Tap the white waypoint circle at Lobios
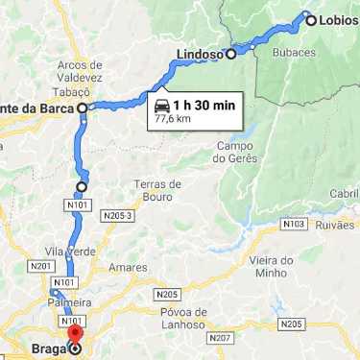pyautogui.click(x=308, y=16)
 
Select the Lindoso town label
pyautogui.click(x=200, y=55)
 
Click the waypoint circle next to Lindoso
pyautogui.click(x=230, y=54)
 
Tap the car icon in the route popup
pyautogui.click(x=160, y=104)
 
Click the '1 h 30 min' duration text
pyautogui.click(x=204, y=104)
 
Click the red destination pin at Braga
pyautogui.click(x=76, y=337)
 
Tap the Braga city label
pyautogui.click(x=47, y=349)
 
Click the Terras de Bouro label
pyautogui.click(x=157, y=189)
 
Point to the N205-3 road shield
pyautogui.click(x=116, y=216)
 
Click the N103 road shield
pyautogui.click(x=294, y=224)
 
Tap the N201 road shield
pyautogui.click(x=41, y=266)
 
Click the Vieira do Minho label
pyautogui.click(x=273, y=267)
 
